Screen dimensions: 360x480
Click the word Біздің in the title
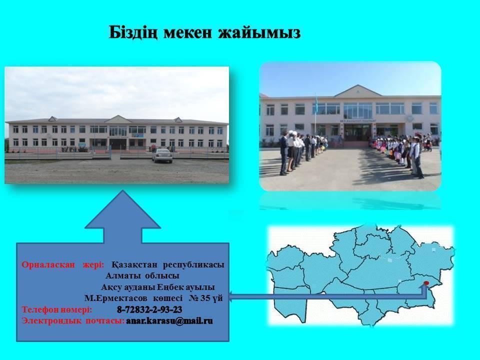coord(132,32)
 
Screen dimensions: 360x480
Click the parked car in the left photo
coord(161,155)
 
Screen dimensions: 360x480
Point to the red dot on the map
coord(426,283)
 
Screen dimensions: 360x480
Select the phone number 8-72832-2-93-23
coord(149,309)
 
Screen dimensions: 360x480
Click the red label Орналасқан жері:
coord(63,264)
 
